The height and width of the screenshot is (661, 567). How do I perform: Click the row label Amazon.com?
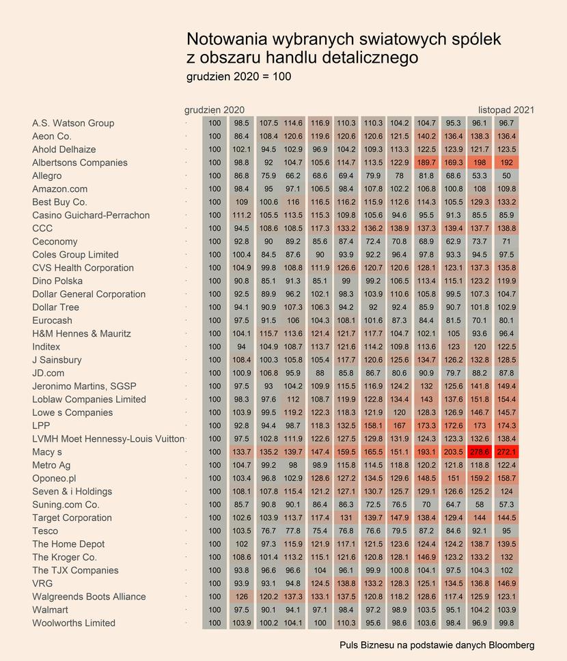(60, 189)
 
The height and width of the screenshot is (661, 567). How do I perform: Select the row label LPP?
(41, 426)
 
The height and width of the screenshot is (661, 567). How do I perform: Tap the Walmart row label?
(50, 610)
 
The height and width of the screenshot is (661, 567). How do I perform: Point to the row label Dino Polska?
(57, 281)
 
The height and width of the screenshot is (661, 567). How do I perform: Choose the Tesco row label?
(45, 531)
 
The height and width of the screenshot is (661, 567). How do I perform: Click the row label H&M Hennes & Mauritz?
(81, 333)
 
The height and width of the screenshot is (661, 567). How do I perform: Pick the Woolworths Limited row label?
(74, 623)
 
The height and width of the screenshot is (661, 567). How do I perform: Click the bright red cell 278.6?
(480, 452)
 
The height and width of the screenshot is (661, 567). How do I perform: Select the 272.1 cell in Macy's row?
(506, 452)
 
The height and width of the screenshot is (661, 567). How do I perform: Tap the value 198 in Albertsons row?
(480, 163)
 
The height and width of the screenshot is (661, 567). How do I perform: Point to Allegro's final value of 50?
(506, 175)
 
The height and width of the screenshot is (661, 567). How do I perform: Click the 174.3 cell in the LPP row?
(506, 426)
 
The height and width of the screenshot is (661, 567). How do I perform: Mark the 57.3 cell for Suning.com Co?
(506, 505)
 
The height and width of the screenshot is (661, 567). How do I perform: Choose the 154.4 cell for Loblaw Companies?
(506, 399)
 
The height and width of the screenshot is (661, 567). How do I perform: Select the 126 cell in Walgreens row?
(242, 597)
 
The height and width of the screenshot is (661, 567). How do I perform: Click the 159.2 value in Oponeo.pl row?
(480, 478)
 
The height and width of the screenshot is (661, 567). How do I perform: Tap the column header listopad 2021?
(506, 110)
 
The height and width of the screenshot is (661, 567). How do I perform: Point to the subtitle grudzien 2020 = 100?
(239, 76)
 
